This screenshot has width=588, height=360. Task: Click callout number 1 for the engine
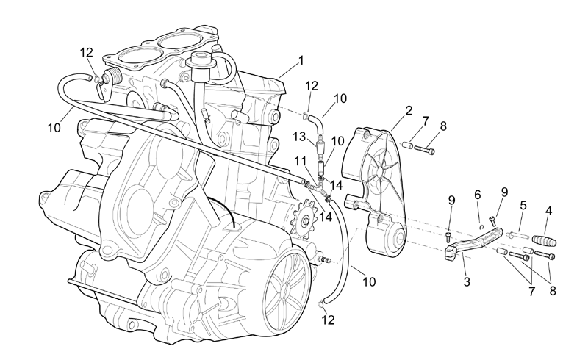(x=301, y=60)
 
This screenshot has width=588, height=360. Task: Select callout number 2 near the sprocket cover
(x=409, y=111)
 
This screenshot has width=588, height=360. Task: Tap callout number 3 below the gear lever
(x=467, y=281)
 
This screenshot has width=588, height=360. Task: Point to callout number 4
(x=548, y=210)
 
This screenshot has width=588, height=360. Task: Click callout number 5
(x=523, y=206)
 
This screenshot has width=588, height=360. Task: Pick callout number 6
(x=477, y=195)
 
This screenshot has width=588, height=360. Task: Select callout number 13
(x=300, y=137)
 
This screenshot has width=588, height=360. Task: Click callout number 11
(x=301, y=161)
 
